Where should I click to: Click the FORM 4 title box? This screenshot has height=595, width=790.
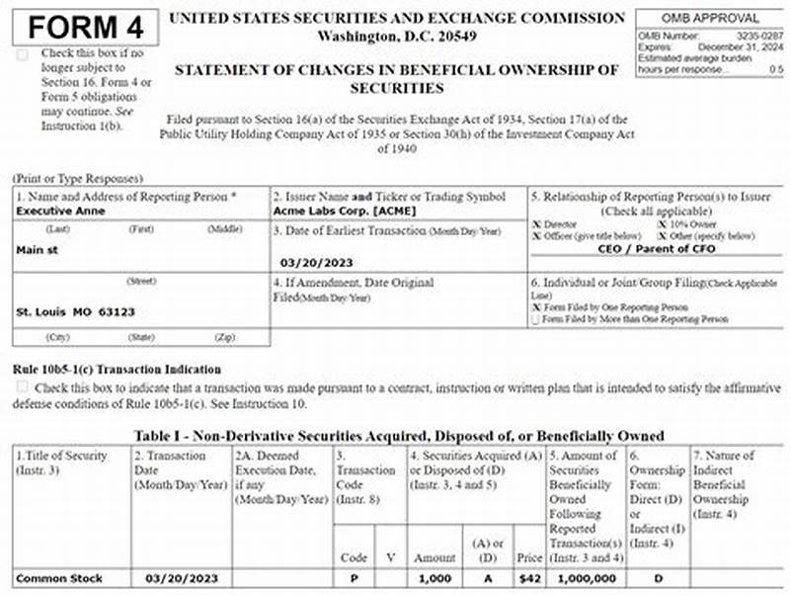click(85, 27)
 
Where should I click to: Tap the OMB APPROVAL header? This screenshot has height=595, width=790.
click(710, 18)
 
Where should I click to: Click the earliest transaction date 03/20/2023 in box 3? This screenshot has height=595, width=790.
click(316, 263)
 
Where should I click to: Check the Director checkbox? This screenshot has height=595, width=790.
click(536, 224)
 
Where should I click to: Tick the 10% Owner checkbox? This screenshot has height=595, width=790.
click(661, 224)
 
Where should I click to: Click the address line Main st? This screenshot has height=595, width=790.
click(38, 250)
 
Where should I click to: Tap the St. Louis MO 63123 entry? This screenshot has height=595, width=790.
click(76, 312)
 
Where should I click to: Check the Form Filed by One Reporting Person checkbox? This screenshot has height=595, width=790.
click(536, 307)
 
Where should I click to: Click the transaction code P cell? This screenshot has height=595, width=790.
click(354, 578)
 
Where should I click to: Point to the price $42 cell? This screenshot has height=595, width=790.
click(529, 578)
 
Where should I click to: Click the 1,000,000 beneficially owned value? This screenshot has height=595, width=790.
click(587, 578)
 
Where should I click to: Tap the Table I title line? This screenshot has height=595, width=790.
click(399, 436)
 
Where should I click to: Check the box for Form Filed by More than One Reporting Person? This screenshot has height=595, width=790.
click(536, 319)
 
